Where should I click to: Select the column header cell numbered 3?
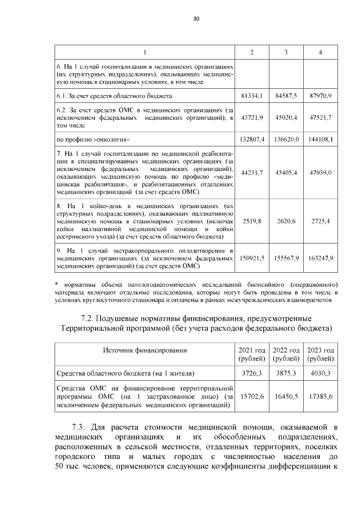tap(286, 52)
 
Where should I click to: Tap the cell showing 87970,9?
tap(321, 96)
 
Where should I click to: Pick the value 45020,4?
tap(286, 118)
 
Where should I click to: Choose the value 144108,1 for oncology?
tap(321, 139)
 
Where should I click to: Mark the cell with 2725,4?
tap(321, 222)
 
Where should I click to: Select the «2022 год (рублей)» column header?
tap(286, 354)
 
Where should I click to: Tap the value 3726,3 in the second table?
tap(252, 373)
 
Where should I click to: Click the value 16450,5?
tap(286, 397)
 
